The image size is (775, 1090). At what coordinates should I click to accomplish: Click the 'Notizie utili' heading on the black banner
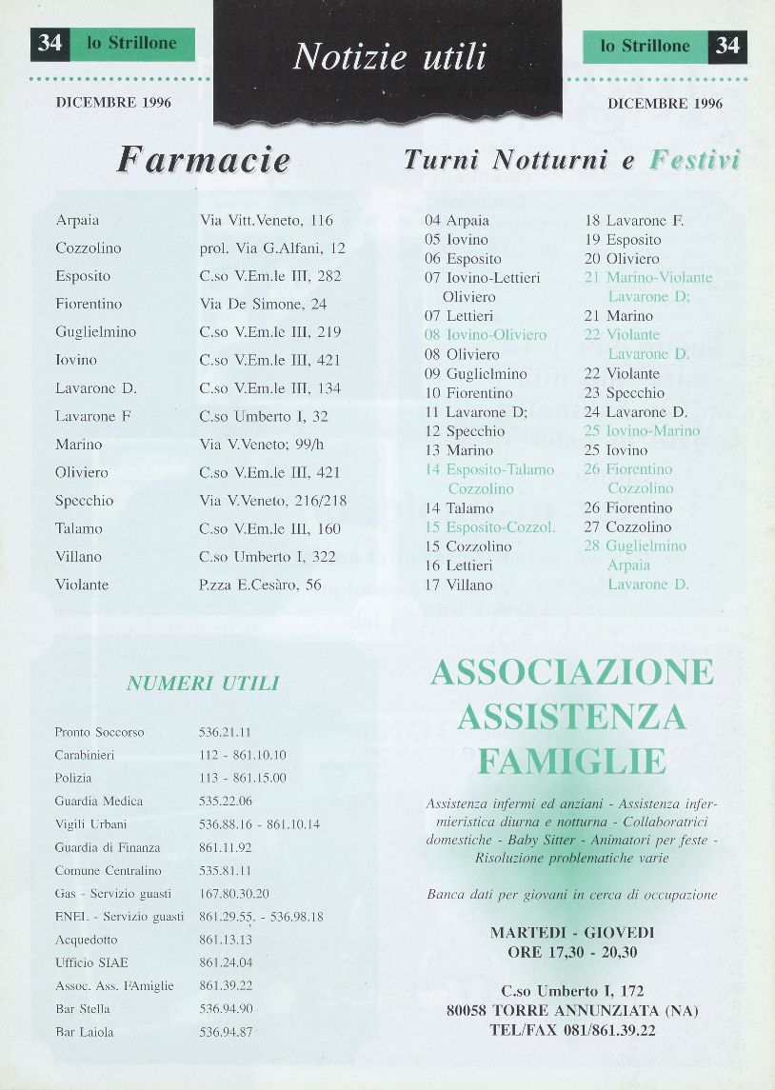tap(389, 57)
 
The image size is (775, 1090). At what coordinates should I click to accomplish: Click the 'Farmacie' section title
tap(204, 159)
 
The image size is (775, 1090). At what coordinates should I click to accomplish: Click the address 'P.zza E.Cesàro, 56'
tap(260, 585)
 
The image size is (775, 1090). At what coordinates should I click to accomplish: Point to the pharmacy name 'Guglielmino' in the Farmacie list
tap(96, 332)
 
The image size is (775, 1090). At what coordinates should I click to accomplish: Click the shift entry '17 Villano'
tap(459, 585)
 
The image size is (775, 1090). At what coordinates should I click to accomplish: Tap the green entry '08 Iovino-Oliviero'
tap(486, 335)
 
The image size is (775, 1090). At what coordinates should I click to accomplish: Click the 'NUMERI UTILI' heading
tap(203, 683)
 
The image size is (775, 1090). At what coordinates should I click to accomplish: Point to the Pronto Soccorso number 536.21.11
tap(225, 732)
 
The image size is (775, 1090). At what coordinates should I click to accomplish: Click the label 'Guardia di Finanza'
tap(108, 847)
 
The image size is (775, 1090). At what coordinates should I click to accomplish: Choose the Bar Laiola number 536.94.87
tap(226, 1031)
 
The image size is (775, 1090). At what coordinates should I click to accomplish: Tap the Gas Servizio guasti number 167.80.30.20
tap(234, 893)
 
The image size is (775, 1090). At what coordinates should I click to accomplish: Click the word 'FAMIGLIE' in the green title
tap(571, 762)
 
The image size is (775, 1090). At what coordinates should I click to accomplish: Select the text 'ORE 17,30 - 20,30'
tap(571, 951)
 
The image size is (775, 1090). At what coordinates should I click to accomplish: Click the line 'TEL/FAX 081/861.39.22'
tap(571, 1030)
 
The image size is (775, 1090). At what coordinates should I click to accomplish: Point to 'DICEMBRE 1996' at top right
tap(665, 104)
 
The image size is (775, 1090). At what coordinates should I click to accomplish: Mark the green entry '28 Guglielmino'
tap(635, 545)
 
